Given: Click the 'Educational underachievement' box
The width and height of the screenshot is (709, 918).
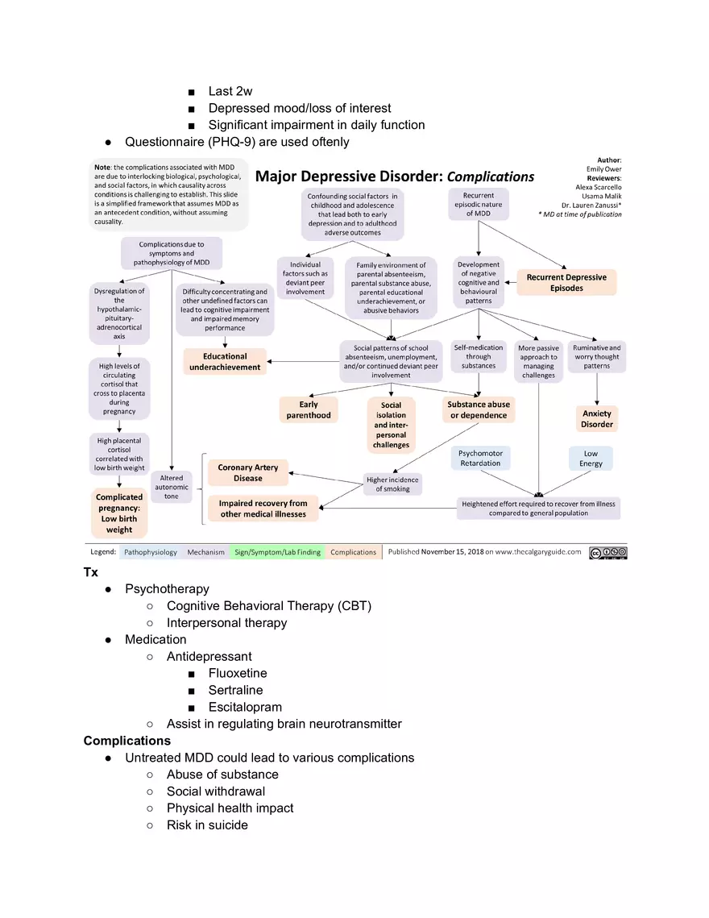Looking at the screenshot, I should coord(225,362).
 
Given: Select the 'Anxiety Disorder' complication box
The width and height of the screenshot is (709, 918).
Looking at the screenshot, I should coord(597,419).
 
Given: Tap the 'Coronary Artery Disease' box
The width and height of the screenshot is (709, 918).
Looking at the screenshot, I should coord(247,473).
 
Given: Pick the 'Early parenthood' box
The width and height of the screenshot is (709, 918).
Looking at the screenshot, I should coord(309,409).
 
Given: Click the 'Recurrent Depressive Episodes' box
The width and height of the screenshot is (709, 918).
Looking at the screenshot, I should coord(566,282).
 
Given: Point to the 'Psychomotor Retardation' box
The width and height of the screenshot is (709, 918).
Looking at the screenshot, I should coord(480,458).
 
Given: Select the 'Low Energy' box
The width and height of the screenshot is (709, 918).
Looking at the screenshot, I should coord(591,459).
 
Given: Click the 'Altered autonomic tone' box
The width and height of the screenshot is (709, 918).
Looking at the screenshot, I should coord(172,488).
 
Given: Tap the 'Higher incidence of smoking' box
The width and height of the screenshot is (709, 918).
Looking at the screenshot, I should coord(392,484).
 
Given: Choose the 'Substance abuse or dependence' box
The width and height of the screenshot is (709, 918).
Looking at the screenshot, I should coord(479,409).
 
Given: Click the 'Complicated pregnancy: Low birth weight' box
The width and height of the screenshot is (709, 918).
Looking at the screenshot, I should coord(119,513).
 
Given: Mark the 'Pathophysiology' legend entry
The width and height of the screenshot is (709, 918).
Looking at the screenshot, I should coord(150,552).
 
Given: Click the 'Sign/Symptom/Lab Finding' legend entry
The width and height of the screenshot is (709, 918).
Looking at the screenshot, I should coord(277,552).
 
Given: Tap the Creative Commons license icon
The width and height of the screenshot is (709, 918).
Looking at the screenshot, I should coord(607,553).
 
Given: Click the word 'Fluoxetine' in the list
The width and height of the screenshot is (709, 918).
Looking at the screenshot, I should coord(238,673).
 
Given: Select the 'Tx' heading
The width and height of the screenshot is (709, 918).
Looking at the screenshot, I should coord(91,572).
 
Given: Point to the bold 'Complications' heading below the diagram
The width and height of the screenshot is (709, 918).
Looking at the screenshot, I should coord(127,741).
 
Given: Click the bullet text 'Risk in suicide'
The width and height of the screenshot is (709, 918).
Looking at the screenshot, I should coord(207,825).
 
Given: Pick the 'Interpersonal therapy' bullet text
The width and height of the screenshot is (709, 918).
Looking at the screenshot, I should coord(226,623).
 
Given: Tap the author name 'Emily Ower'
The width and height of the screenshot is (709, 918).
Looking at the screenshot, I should coord(603,169).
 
